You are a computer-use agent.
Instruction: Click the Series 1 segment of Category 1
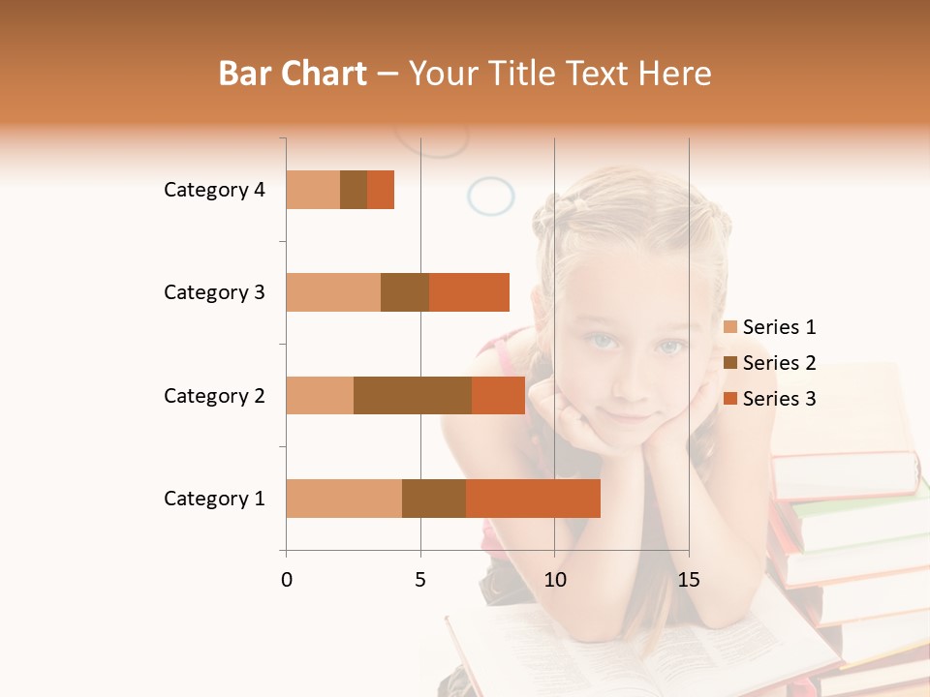pyautogui.click(x=344, y=499)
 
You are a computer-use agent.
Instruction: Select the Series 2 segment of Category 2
pyautogui.click(x=413, y=395)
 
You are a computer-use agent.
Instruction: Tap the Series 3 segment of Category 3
pyautogui.click(x=469, y=292)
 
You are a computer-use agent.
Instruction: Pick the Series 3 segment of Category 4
pyautogui.click(x=381, y=190)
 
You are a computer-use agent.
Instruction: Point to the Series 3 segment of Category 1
pyautogui.click(x=533, y=499)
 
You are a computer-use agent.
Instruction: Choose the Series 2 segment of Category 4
pyautogui.click(x=354, y=190)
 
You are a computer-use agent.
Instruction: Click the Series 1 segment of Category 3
pyautogui.click(x=333, y=292)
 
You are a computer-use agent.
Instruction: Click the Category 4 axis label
pyautogui.click(x=214, y=190)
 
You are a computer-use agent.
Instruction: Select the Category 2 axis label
pyautogui.click(x=214, y=396)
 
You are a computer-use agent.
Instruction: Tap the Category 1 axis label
pyautogui.click(x=214, y=499)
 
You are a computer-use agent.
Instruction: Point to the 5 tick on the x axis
pyautogui.click(x=420, y=580)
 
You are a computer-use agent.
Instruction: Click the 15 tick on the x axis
pyautogui.click(x=689, y=580)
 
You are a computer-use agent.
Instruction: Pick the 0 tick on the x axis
pyautogui.click(x=287, y=580)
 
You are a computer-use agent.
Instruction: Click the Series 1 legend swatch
pyautogui.click(x=730, y=327)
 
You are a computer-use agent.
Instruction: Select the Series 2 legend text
pyautogui.click(x=779, y=363)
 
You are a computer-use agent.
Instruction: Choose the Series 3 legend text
pyautogui.click(x=779, y=399)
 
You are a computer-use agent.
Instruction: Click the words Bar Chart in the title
pyautogui.click(x=293, y=74)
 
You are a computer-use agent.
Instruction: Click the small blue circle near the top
pyautogui.click(x=491, y=197)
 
